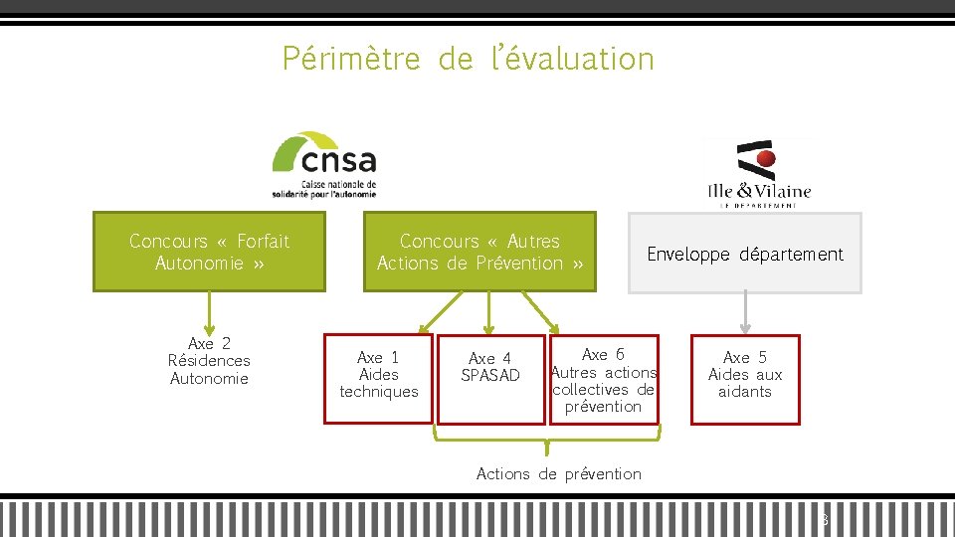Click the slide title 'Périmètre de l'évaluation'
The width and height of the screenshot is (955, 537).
[468, 59]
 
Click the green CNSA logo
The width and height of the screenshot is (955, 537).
[324, 164]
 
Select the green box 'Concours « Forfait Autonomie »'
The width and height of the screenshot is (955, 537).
[209, 252]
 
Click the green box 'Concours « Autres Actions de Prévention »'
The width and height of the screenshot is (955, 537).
[479, 252]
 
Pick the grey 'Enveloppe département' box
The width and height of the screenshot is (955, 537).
[744, 254]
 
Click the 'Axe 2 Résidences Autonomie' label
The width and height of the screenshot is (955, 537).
[209, 361]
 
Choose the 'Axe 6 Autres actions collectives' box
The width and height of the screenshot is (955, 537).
[604, 379]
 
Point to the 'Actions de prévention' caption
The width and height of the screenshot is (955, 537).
[559, 474]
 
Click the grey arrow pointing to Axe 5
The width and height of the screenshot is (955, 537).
[745, 312]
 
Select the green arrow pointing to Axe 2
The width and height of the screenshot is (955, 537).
[209, 310]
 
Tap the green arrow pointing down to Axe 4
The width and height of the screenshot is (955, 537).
[488, 312]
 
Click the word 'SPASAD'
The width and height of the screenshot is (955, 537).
[490, 375]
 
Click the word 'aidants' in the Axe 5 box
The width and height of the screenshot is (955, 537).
[745, 392]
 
